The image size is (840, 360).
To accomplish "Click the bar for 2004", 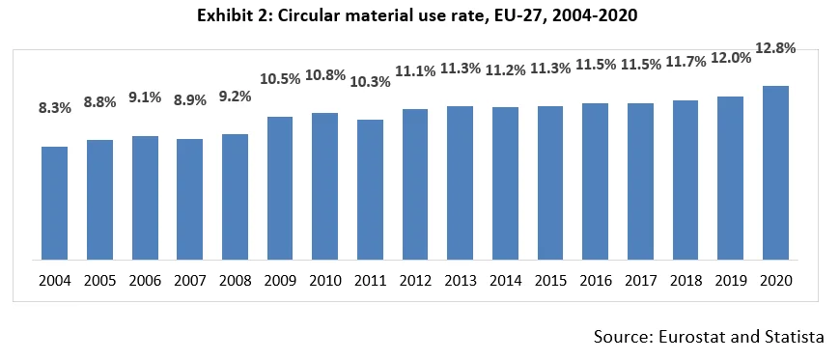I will click(54, 203).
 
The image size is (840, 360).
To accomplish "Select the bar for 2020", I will click(775, 173).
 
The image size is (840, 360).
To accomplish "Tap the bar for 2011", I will click(370, 189).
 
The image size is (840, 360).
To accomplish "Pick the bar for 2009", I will click(280, 188).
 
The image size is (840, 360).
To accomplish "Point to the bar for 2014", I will click(505, 183).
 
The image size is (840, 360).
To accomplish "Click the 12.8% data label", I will click(775, 47).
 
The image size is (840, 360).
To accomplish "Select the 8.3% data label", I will click(53, 108).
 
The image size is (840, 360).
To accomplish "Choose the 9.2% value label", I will click(235, 97).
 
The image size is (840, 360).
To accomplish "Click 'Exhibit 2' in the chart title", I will click(235, 15).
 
